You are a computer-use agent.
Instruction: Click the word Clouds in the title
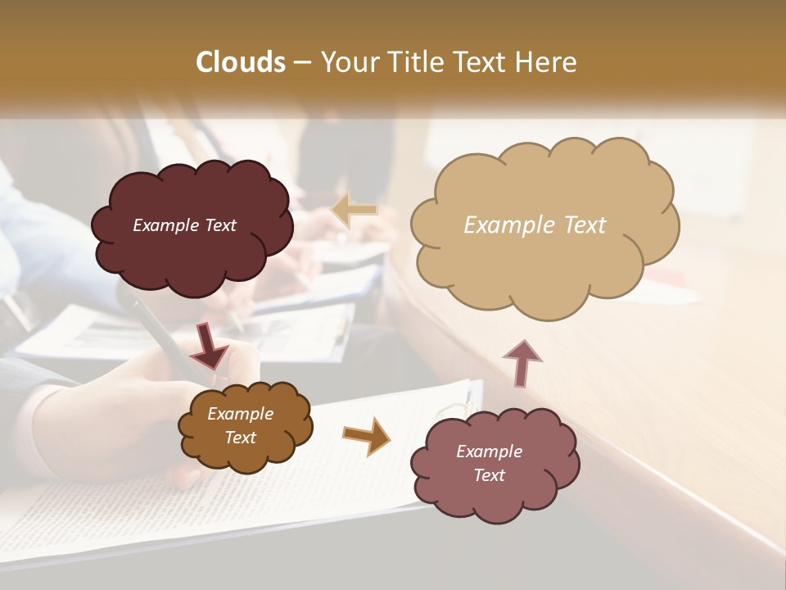point(241,62)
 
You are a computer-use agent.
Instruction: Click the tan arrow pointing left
point(354,210)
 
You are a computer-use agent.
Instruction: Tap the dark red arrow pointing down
point(209,347)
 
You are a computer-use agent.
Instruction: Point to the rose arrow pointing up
point(522,362)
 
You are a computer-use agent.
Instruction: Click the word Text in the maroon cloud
point(220,225)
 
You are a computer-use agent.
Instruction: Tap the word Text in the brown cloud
point(240,438)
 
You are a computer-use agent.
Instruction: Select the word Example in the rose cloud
point(489,452)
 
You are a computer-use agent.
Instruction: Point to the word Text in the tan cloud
point(585,225)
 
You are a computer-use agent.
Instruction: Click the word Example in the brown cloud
point(240,414)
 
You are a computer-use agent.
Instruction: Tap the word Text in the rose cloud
point(489,475)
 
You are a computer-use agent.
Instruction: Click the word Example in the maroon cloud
point(166,225)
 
